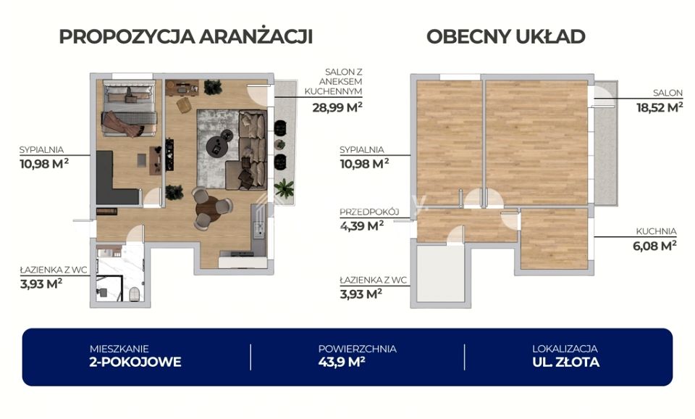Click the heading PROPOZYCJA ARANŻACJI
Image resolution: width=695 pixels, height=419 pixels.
pyautogui.click(x=186, y=36)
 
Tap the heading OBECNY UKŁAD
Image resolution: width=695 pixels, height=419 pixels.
pyautogui.click(x=506, y=36)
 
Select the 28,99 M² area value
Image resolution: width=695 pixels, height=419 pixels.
pyautogui.click(x=337, y=107)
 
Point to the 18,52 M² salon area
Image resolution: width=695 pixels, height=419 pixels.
pyautogui.click(x=660, y=107)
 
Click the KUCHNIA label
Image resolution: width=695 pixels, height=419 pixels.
pyautogui.click(x=656, y=231)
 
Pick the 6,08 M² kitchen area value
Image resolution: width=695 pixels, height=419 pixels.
pyautogui.click(x=654, y=245)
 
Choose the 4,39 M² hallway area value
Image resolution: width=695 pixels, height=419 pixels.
pyautogui.click(x=362, y=225)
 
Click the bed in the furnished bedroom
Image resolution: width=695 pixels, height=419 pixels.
pyautogui.click(x=129, y=108)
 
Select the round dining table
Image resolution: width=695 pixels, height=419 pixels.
pyautogui.click(x=208, y=208)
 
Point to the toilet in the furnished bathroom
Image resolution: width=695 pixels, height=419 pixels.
pyautogui.click(x=135, y=294)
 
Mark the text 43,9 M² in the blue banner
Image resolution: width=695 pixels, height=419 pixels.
pyautogui.click(x=342, y=362)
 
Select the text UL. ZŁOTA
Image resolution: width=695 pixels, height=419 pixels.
pyautogui.click(x=566, y=362)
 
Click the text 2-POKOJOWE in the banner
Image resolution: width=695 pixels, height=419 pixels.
pyautogui.click(x=135, y=362)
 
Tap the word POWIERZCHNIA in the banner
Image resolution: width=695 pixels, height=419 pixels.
pyautogui.click(x=357, y=349)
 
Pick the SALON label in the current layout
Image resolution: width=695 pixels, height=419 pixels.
pyautogui.click(x=667, y=93)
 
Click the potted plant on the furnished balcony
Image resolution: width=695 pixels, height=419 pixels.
pyautogui.click(x=284, y=188)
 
